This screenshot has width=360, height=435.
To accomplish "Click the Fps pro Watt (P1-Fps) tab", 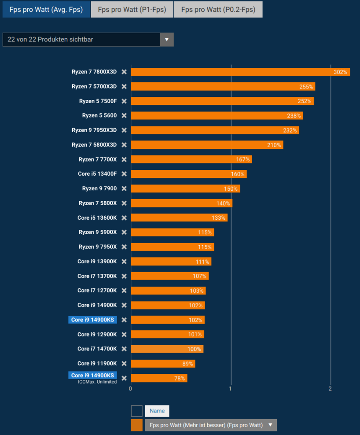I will (x=132, y=9).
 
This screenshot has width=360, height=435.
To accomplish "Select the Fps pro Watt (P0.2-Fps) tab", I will (x=218, y=9).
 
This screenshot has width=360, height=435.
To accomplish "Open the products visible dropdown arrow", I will (x=166, y=40).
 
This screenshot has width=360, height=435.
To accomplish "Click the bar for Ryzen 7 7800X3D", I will (x=240, y=72).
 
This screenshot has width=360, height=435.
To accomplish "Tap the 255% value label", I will (x=306, y=87).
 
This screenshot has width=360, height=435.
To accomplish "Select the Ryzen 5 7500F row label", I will (x=98, y=101).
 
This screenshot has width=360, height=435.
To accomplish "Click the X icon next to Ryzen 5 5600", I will (x=124, y=116).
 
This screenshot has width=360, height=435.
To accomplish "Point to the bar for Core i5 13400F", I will (x=188, y=174).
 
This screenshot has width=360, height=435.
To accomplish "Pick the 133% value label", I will (x=219, y=217).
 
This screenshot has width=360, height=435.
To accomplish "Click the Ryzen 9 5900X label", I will (x=98, y=232).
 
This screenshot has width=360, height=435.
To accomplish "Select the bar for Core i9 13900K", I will (x=171, y=262).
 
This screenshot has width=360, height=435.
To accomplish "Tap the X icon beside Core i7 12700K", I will (x=124, y=291).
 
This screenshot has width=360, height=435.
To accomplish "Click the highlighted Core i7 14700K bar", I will (x=167, y=349).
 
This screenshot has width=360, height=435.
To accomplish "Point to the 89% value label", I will (x=187, y=364).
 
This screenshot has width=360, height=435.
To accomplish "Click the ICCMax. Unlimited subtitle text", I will (x=97, y=382).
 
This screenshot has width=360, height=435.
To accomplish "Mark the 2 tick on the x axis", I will (x=330, y=389).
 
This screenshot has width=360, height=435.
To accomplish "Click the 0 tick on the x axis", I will (x=131, y=389).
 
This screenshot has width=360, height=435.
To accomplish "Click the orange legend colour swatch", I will (x=136, y=425).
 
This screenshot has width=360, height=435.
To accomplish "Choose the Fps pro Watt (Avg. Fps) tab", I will (x=46, y=9).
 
